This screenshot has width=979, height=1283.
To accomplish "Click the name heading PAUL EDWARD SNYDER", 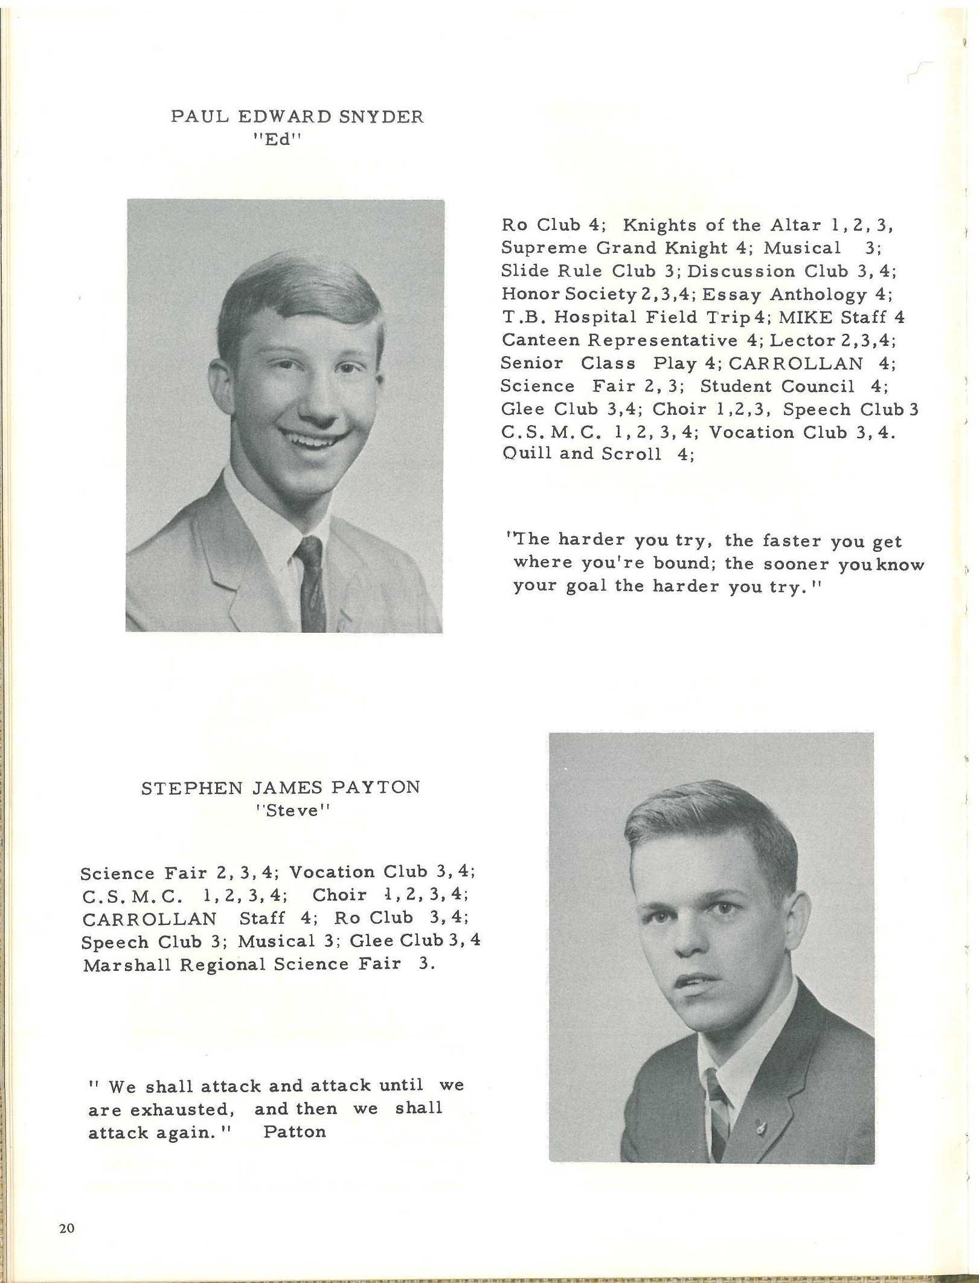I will [x=297, y=117].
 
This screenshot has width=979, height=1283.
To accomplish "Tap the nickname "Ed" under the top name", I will [x=276, y=139].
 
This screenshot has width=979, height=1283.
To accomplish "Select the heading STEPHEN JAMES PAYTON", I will [x=280, y=788].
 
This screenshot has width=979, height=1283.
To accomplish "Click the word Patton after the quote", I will [x=295, y=1131].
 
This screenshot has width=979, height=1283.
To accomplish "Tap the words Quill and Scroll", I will [x=582, y=454].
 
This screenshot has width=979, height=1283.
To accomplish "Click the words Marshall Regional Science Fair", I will [x=242, y=964].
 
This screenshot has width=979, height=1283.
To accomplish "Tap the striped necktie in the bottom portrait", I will [x=717, y=1111].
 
